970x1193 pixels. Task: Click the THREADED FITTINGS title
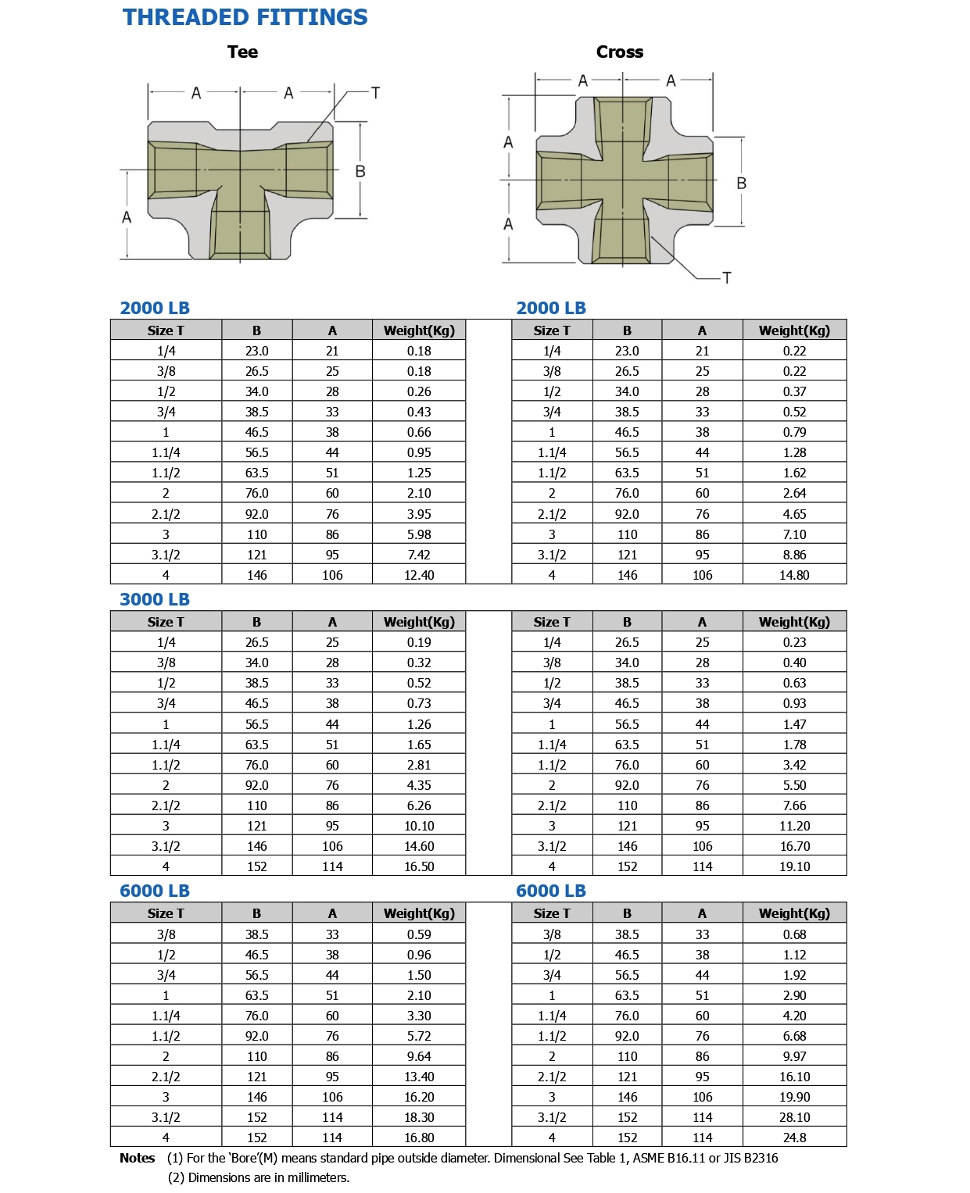tap(245, 17)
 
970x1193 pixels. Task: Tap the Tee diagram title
tap(242, 52)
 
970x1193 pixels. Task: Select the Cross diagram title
tap(620, 52)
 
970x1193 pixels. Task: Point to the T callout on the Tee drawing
tap(375, 93)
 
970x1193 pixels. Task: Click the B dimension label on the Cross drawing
tap(741, 184)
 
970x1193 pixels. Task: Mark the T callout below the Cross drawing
tap(727, 277)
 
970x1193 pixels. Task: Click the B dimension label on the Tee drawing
tap(360, 171)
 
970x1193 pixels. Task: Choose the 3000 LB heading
tap(155, 599)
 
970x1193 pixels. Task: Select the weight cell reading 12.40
tap(419, 575)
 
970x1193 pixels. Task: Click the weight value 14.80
tap(794, 575)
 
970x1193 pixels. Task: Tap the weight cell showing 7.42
tap(419, 555)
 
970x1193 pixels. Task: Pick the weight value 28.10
tap(794, 1117)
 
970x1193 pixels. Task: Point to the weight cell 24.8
tap(794, 1138)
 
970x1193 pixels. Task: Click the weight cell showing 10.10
tap(419, 826)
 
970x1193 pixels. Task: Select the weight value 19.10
tap(794, 866)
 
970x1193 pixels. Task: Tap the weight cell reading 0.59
tap(419, 934)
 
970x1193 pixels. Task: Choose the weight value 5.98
tap(419, 534)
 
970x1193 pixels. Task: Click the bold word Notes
tap(138, 1158)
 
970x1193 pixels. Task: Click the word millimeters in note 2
tap(315, 1177)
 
